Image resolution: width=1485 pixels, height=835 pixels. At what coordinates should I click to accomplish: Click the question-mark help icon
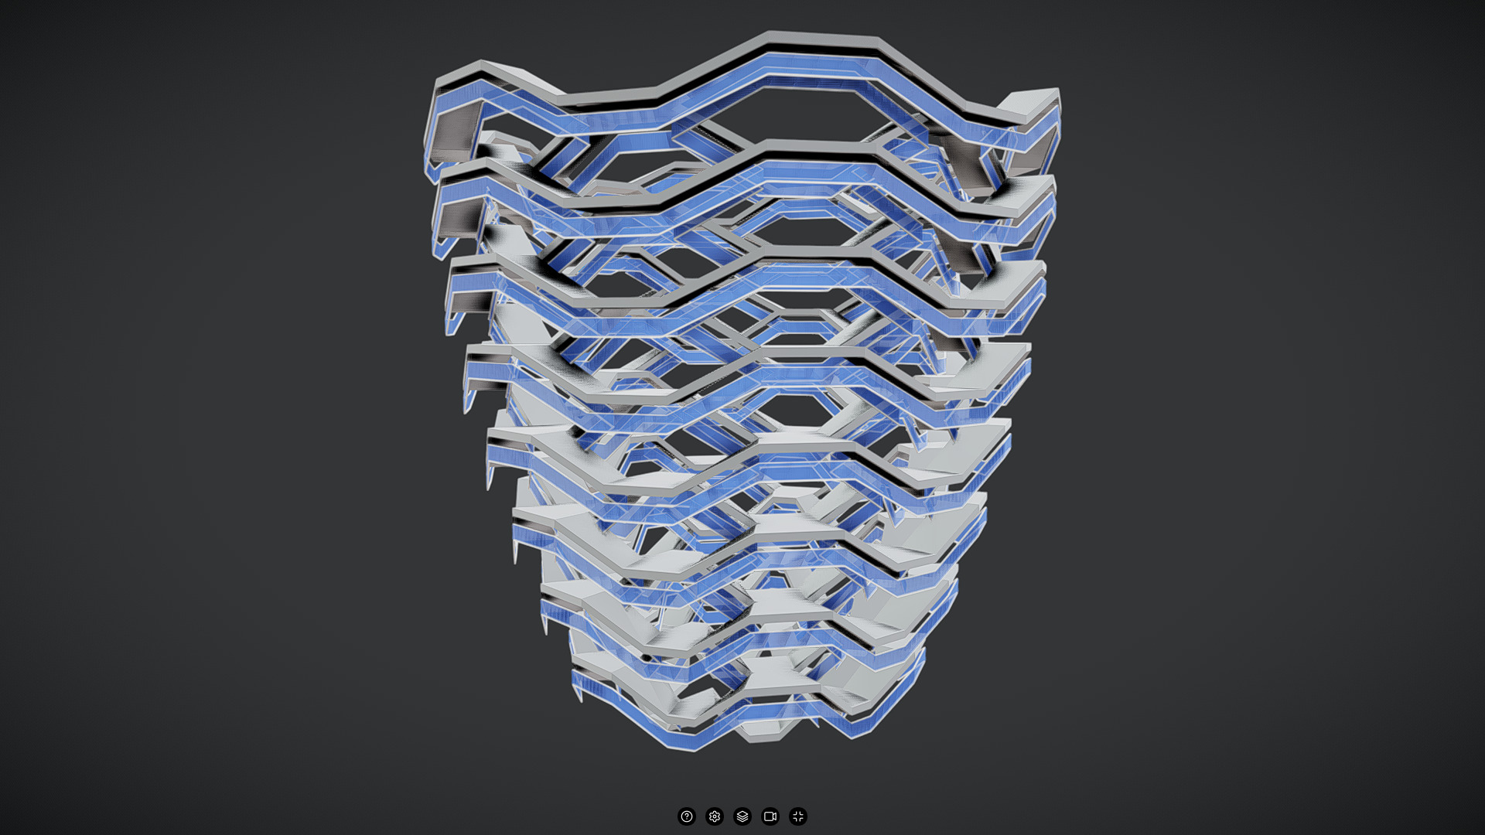pos(686,816)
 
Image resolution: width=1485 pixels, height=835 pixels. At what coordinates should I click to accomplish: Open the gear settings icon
pos(715,816)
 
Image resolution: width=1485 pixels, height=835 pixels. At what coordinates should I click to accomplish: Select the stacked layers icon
pos(742,816)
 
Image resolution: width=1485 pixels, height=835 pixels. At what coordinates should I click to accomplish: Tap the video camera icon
pos(770,816)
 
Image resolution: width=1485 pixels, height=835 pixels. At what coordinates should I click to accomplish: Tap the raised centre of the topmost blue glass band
pos(820,63)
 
